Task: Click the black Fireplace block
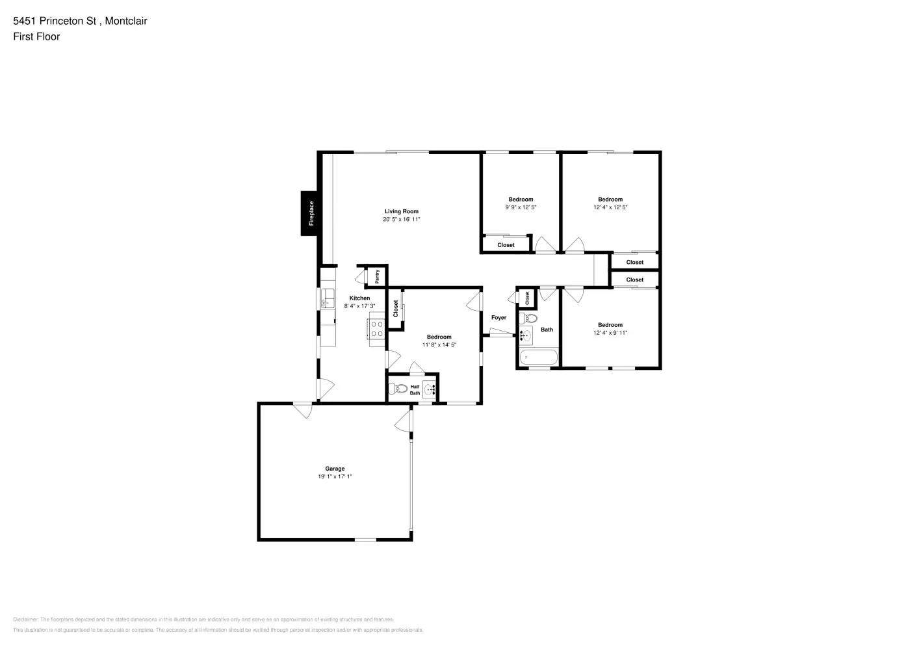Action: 309,213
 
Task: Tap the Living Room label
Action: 401,211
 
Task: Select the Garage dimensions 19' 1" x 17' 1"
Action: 335,476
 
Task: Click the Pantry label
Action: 377,276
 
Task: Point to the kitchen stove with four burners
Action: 377,329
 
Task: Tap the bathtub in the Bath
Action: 539,357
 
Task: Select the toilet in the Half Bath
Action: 398,390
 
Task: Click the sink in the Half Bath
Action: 430,390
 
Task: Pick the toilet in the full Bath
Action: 528,318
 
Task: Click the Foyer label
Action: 498,318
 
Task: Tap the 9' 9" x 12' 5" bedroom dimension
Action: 521,207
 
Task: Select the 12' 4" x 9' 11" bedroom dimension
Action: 610,333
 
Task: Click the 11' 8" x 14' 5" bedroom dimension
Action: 439,345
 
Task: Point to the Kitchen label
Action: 359,298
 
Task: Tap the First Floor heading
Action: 36,37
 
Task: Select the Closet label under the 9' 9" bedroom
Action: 506,245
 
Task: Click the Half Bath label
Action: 415,390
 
